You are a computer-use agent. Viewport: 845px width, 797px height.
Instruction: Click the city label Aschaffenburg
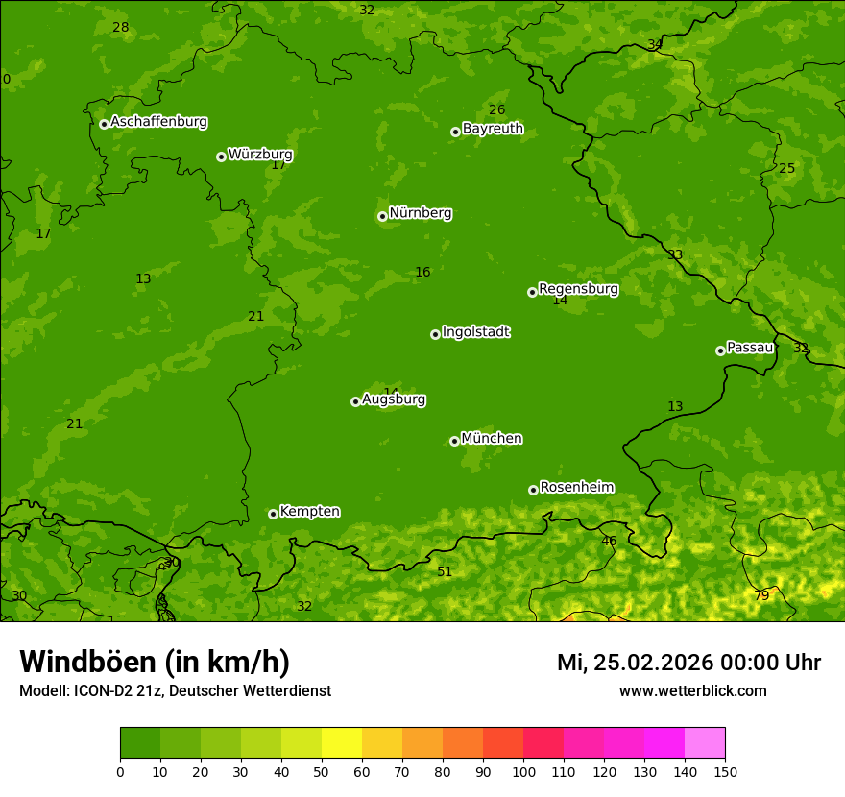tap(158, 122)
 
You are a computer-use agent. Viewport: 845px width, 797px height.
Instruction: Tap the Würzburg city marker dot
tap(221, 157)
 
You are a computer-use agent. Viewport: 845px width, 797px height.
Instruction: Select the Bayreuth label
tap(493, 129)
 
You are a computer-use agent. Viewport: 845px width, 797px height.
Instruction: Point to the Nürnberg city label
tap(420, 213)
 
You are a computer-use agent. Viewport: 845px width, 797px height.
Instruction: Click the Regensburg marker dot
tap(532, 292)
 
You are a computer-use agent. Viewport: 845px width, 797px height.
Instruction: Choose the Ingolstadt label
tap(475, 332)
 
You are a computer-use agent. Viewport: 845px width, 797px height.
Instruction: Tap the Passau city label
tap(749, 348)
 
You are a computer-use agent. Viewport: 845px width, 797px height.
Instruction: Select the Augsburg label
tap(393, 399)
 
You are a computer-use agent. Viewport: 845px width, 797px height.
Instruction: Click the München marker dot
tap(454, 441)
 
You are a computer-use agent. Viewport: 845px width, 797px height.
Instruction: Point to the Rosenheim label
tap(576, 487)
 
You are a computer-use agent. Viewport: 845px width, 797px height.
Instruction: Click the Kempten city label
tap(309, 512)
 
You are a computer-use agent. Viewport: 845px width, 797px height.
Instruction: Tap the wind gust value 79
tap(761, 595)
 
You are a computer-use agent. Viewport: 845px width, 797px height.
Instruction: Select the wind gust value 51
tap(445, 571)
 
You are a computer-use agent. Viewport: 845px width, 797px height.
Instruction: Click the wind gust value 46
tap(609, 541)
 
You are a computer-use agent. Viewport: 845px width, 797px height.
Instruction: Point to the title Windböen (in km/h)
tap(155, 662)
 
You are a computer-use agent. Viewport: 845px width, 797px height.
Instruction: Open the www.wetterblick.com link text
tap(692, 690)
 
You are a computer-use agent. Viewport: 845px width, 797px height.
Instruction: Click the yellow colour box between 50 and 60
tap(342, 743)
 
